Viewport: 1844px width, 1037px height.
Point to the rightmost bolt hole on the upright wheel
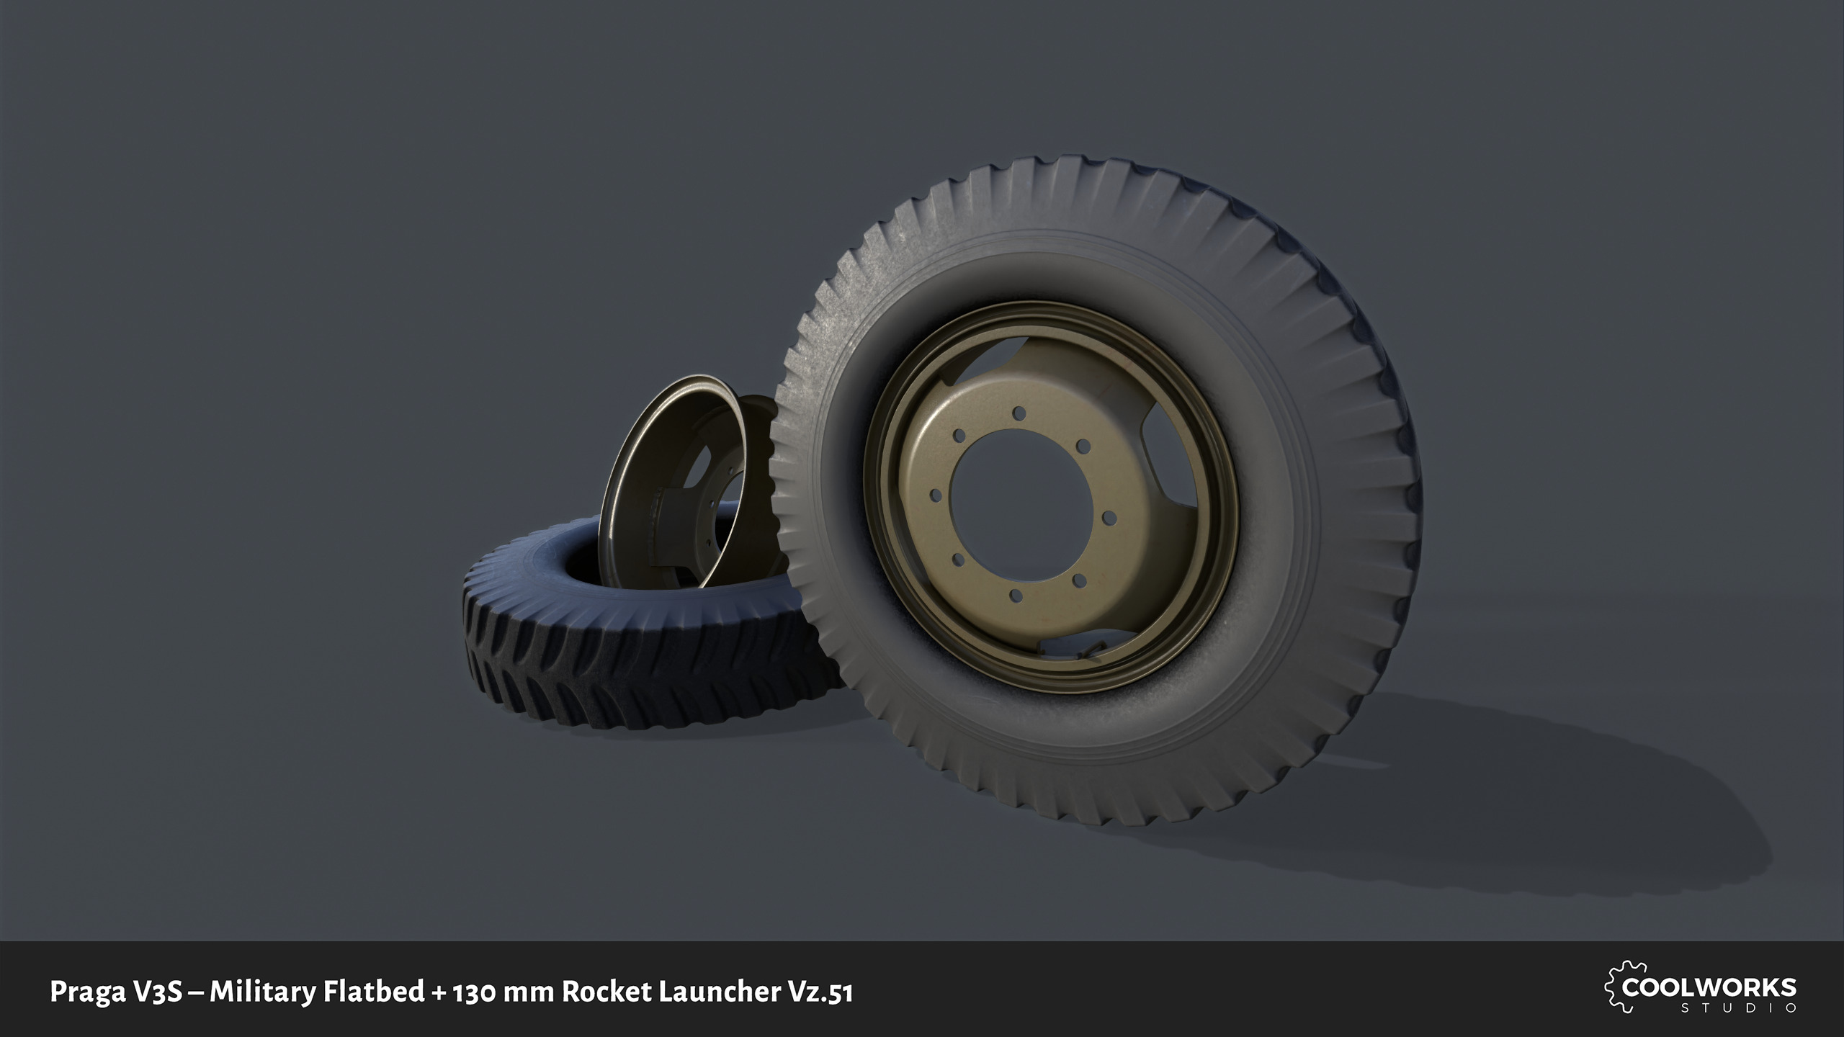1109,517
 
